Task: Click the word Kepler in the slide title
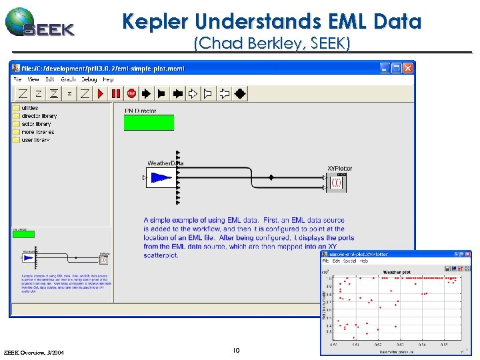click(153, 21)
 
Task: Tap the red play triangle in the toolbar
click(101, 94)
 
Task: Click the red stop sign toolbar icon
click(131, 94)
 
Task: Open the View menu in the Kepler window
click(33, 79)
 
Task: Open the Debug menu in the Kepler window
click(90, 79)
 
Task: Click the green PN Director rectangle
click(149, 123)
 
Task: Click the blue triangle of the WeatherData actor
click(160, 178)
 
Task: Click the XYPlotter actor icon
click(337, 182)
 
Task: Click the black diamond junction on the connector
click(271, 177)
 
